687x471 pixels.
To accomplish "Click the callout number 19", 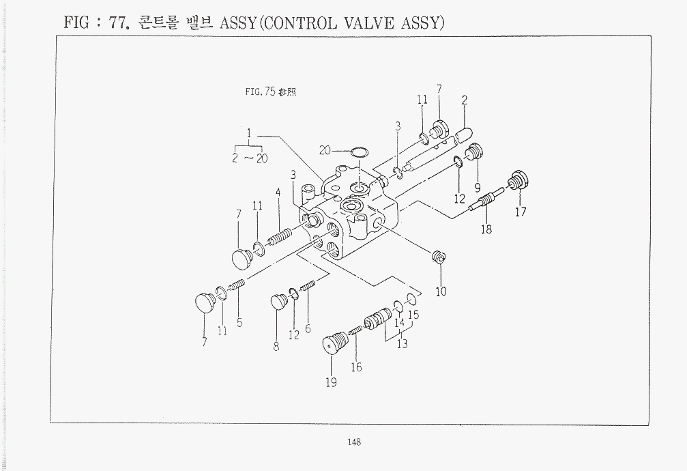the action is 332,382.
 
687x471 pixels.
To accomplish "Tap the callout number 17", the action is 521,212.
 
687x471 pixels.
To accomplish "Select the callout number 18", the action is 486,229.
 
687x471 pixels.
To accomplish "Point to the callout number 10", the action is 441,291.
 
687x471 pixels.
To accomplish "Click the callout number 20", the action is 325,150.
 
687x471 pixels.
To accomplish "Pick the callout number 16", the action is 357,367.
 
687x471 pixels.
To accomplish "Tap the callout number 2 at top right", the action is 465,100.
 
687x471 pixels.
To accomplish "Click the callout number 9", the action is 478,188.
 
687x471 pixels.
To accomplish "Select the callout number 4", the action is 278,192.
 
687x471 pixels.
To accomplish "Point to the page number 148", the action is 354,442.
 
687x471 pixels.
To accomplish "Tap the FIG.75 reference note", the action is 270,91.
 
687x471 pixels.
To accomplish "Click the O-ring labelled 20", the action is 360,153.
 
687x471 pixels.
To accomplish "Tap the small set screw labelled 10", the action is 439,257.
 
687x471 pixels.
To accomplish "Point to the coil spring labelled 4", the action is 279,238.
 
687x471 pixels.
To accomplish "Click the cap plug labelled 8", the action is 278,302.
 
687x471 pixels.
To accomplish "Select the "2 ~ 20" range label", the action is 250,158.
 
